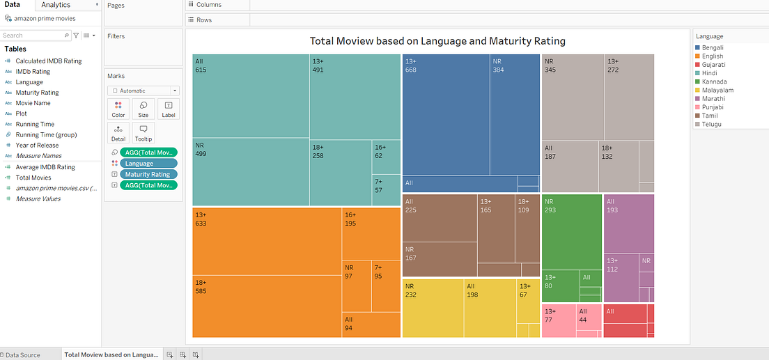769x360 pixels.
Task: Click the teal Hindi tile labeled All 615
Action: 251,96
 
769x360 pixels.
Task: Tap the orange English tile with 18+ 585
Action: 267,306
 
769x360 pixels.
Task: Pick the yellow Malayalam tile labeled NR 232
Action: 433,308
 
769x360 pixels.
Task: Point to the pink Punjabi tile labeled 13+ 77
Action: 559,320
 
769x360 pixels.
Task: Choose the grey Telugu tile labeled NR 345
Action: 573,97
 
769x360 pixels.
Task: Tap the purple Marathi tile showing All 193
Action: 628,223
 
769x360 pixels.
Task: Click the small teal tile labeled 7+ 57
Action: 386,190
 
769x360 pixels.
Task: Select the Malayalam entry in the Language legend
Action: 717,91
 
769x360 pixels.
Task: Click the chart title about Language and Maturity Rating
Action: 437,41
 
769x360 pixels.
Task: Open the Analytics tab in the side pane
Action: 56,5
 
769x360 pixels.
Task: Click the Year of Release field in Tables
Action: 37,146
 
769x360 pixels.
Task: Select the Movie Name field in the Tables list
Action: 33,103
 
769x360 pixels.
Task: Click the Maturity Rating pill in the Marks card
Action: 148,174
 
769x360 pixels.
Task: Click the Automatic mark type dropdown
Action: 143,91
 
